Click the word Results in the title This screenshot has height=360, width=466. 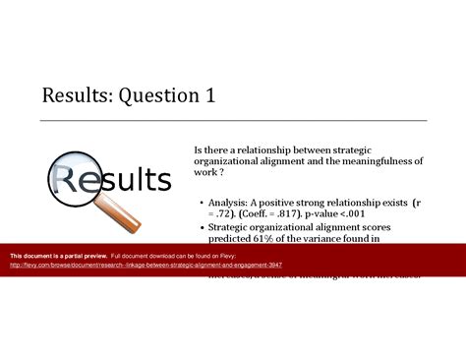73,97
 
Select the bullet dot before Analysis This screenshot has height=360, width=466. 201,202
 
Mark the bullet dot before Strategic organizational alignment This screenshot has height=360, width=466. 201,226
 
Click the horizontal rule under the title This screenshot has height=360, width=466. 233,120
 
